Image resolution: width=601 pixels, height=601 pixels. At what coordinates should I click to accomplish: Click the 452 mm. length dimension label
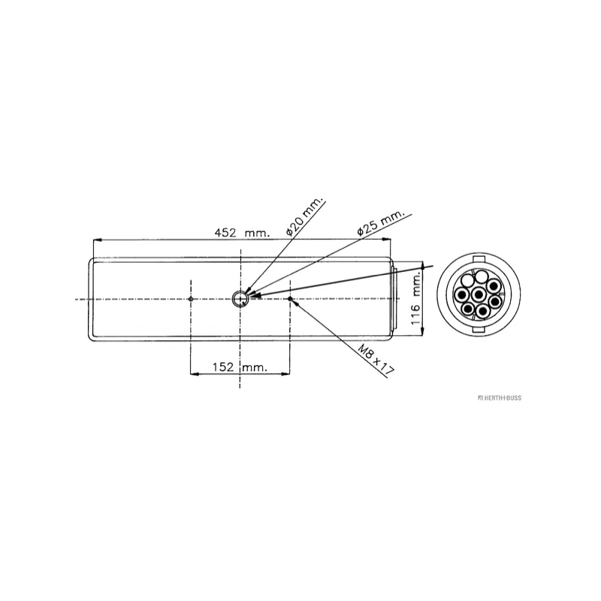[x=241, y=232]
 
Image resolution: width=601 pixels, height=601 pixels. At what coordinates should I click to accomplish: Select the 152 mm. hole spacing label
[x=240, y=367]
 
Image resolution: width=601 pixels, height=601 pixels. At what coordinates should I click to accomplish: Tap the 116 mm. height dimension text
[x=416, y=299]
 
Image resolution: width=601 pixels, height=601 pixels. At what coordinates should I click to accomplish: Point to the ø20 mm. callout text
[x=305, y=216]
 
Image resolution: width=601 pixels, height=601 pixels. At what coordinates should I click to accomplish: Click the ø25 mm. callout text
[x=380, y=222]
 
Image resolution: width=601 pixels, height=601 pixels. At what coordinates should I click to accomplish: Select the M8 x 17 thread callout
[x=376, y=359]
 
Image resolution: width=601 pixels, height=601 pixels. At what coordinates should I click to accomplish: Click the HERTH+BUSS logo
[x=500, y=398]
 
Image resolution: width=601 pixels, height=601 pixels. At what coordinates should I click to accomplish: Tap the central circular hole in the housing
[x=240, y=299]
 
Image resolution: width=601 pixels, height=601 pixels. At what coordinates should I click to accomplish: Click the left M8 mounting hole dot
[x=191, y=299]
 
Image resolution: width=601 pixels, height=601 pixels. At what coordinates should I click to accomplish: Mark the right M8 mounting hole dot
[x=290, y=299]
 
